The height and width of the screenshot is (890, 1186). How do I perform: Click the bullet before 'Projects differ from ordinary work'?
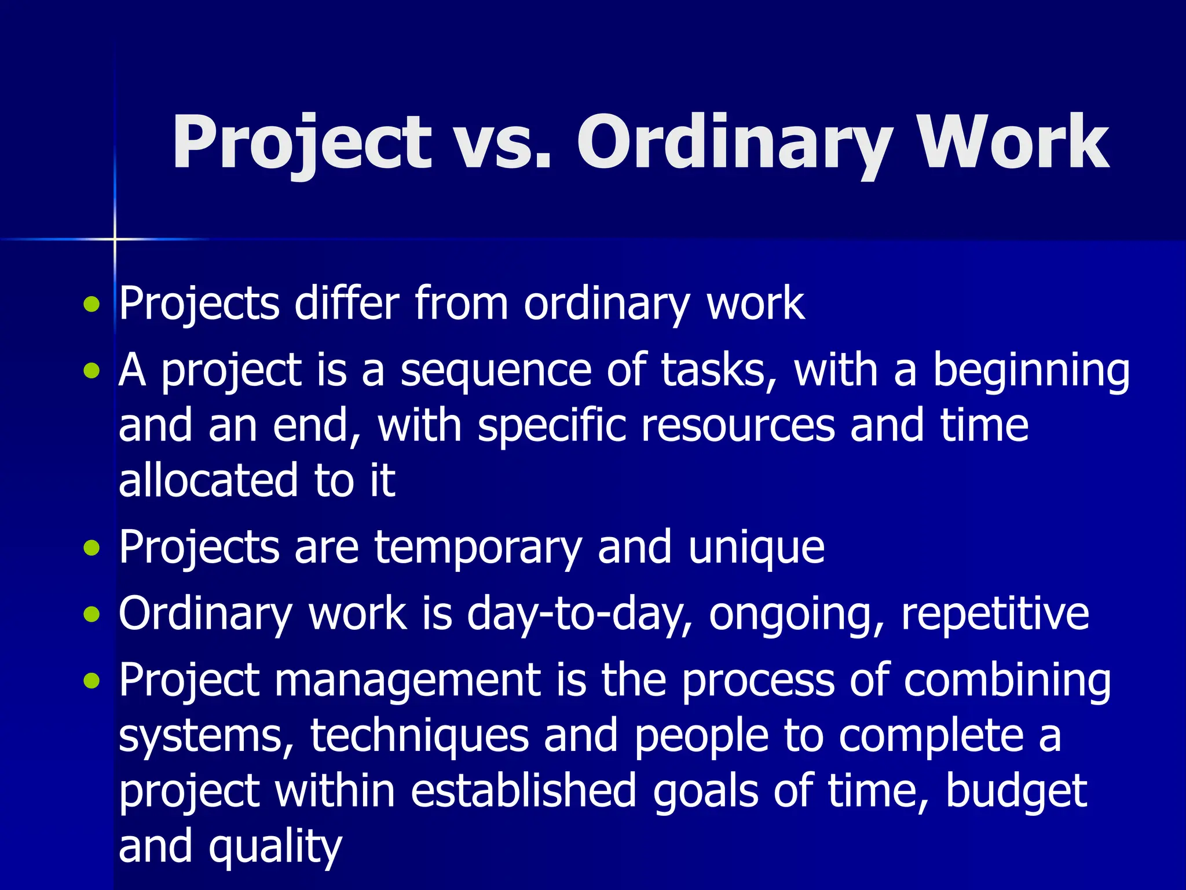pos(91,304)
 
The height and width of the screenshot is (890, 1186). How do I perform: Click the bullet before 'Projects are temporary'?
pos(91,548)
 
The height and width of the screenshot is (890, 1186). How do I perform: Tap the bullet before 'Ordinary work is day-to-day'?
pos(91,614)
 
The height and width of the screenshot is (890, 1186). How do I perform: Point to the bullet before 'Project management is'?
pos(91,681)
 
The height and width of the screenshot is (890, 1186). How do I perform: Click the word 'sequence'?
pos(495,371)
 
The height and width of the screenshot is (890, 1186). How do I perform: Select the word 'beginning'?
pos(1031,371)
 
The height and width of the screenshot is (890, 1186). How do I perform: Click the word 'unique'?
pos(756,548)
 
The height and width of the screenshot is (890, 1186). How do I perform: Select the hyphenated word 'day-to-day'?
pos(579,614)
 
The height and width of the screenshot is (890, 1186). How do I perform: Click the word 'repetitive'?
pos(995,614)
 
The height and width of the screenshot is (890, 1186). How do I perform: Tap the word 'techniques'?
pos(420,736)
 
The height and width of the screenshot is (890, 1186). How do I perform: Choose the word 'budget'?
pos(1016,791)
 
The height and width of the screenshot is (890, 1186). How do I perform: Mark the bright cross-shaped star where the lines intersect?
pos(115,239)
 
